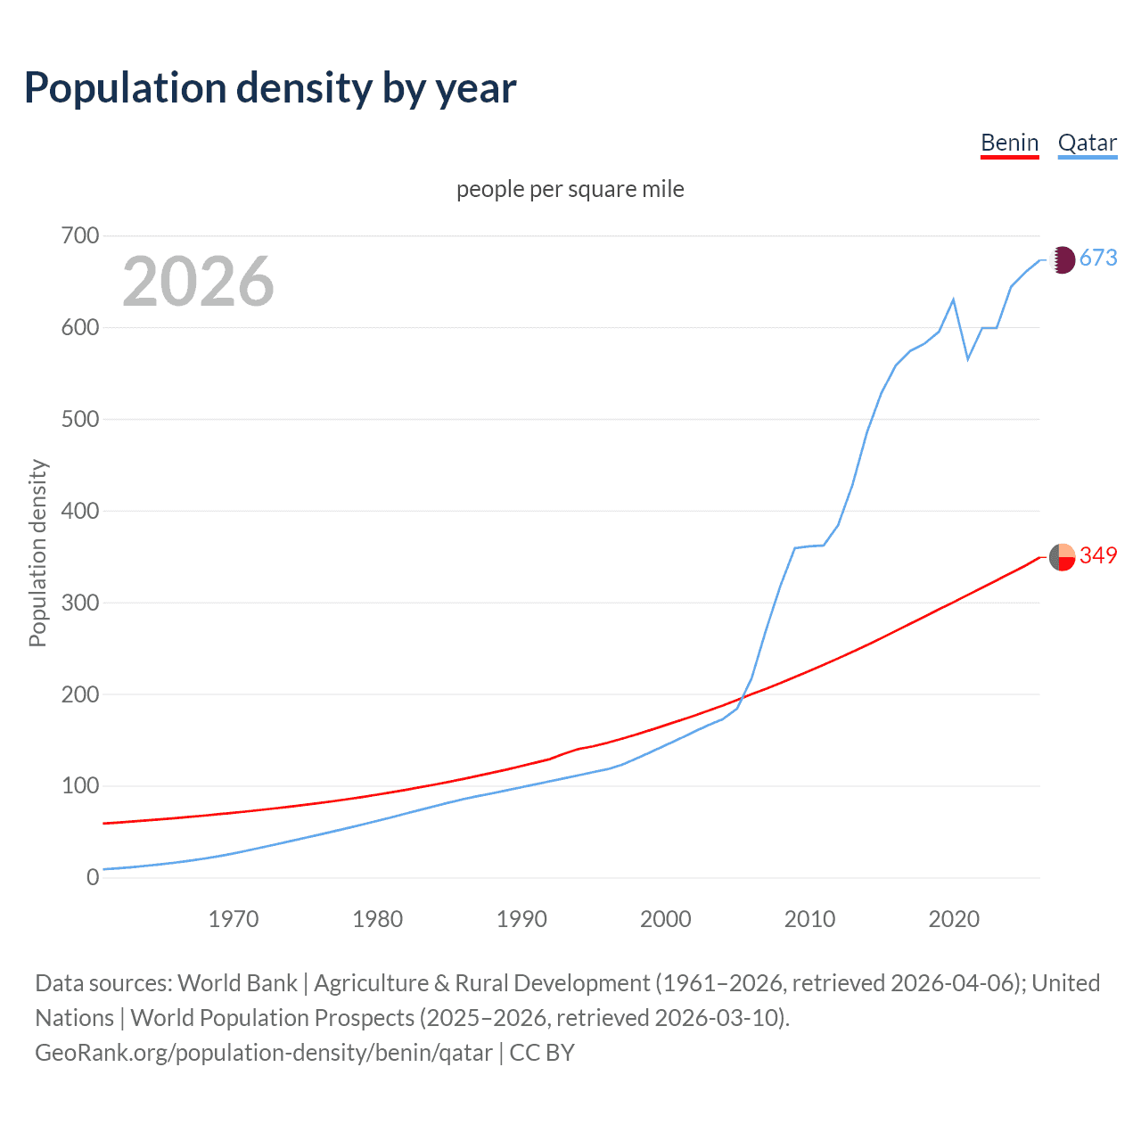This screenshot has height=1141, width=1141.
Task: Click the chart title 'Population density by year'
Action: pyautogui.click(x=270, y=88)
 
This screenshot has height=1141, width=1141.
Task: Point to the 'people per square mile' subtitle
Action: pyautogui.click(x=570, y=189)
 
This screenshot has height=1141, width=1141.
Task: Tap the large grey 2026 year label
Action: pyautogui.click(x=198, y=282)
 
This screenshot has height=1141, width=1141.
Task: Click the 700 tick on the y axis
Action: pyautogui.click(x=79, y=236)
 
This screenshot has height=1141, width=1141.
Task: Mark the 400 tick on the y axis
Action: pyautogui.click(x=79, y=511)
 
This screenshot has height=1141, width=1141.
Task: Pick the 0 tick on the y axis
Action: pyautogui.click(x=92, y=877)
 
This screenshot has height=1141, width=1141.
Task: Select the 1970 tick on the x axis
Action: pyautogui.click(x=234, y=919)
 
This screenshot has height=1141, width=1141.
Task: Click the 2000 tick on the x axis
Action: pyautogui.click(x=666, y=919)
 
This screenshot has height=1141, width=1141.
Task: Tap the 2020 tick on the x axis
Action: pyautogui.click(x=954, y=919)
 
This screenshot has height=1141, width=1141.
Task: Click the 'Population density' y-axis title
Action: pyautogui.click(x=37, y=553)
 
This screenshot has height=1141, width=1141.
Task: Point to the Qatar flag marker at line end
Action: pyautogui.click(x=1062, y=259)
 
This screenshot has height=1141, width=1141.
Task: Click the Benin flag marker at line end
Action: pyautogui.click(x=1062, y=557)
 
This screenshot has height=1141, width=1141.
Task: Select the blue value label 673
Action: pyautogui.click(x=1098, y=259)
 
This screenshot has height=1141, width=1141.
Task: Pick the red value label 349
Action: pyautogui.click(x=1098, y=555)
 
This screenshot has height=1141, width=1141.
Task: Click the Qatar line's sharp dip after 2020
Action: pyautogui.click(x=968, y=359)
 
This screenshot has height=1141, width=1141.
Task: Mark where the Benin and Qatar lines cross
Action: pyautogui.click(x=743, y=697)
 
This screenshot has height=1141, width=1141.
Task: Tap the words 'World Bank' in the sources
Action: pyautogui.click(x=237, y=983)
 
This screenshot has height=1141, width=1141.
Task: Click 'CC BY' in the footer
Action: pyautogui.click(x=542, y=1053)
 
